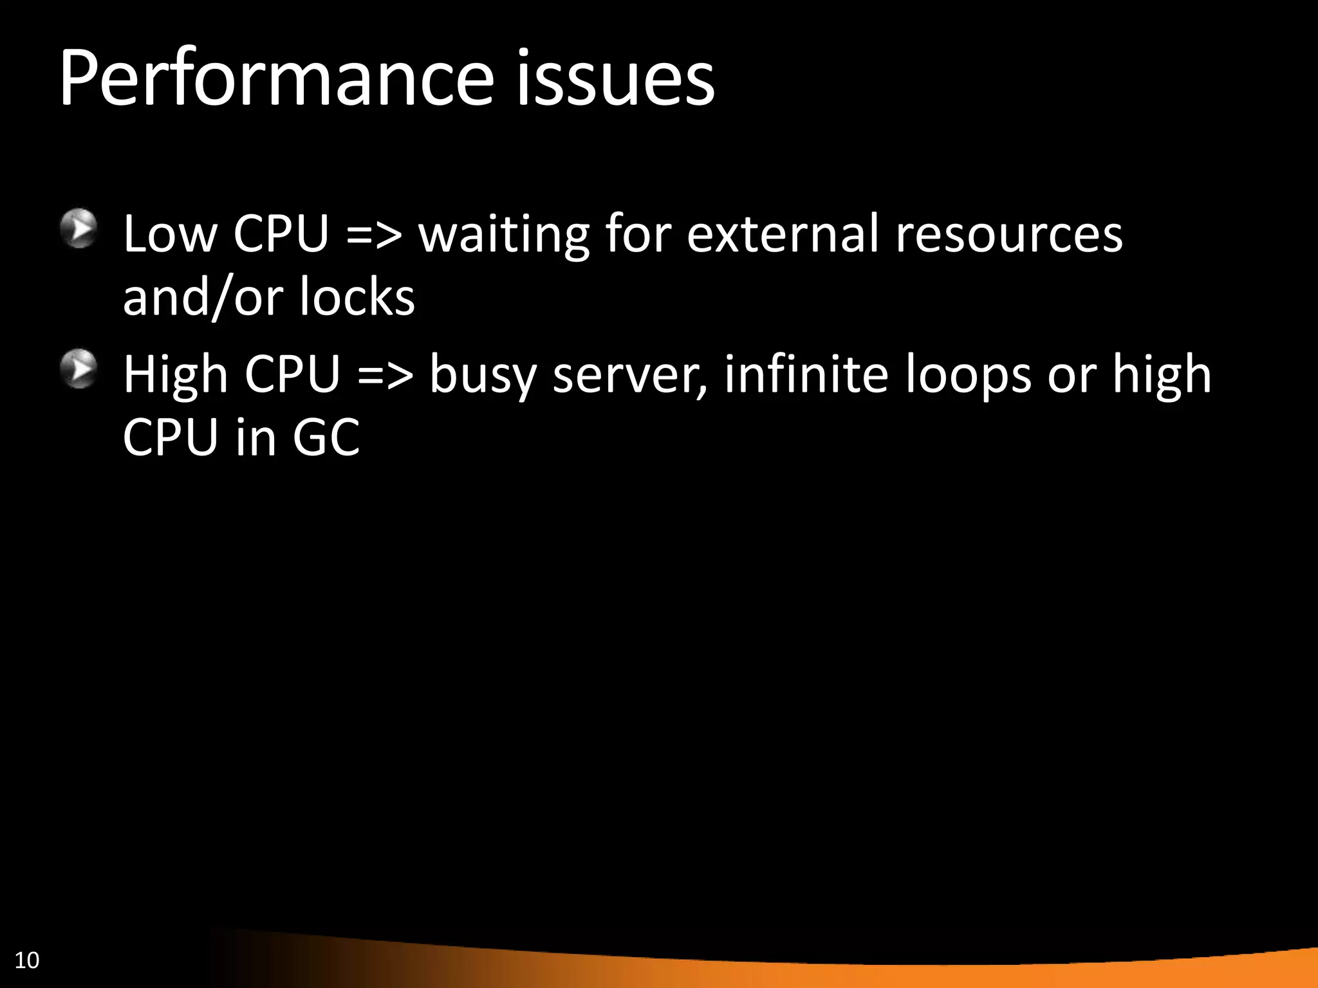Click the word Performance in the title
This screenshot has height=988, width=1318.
pos(276,80)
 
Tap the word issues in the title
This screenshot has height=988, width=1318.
pos(614,80)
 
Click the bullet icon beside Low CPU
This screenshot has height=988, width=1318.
pos(79,228)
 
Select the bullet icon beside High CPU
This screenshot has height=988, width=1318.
pos(79,369)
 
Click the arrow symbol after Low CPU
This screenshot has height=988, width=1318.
pos(374,234)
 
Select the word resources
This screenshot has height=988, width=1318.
pos(1009,234)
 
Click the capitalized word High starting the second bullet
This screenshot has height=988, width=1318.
pos(176,375)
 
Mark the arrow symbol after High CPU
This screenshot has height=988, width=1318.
pos(385,375)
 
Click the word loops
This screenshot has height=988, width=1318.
pos(969,375)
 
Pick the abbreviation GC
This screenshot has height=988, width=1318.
pos(326,438)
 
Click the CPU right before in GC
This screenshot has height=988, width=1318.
pos(171,438)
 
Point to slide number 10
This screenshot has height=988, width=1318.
pos(27,960)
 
